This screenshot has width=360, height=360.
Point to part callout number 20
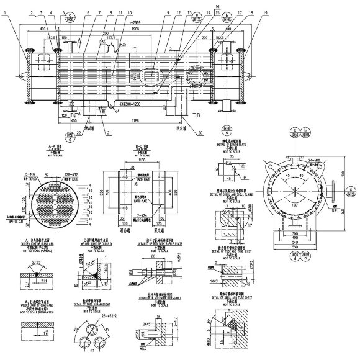pyautogui.click(x=200, y=132)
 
